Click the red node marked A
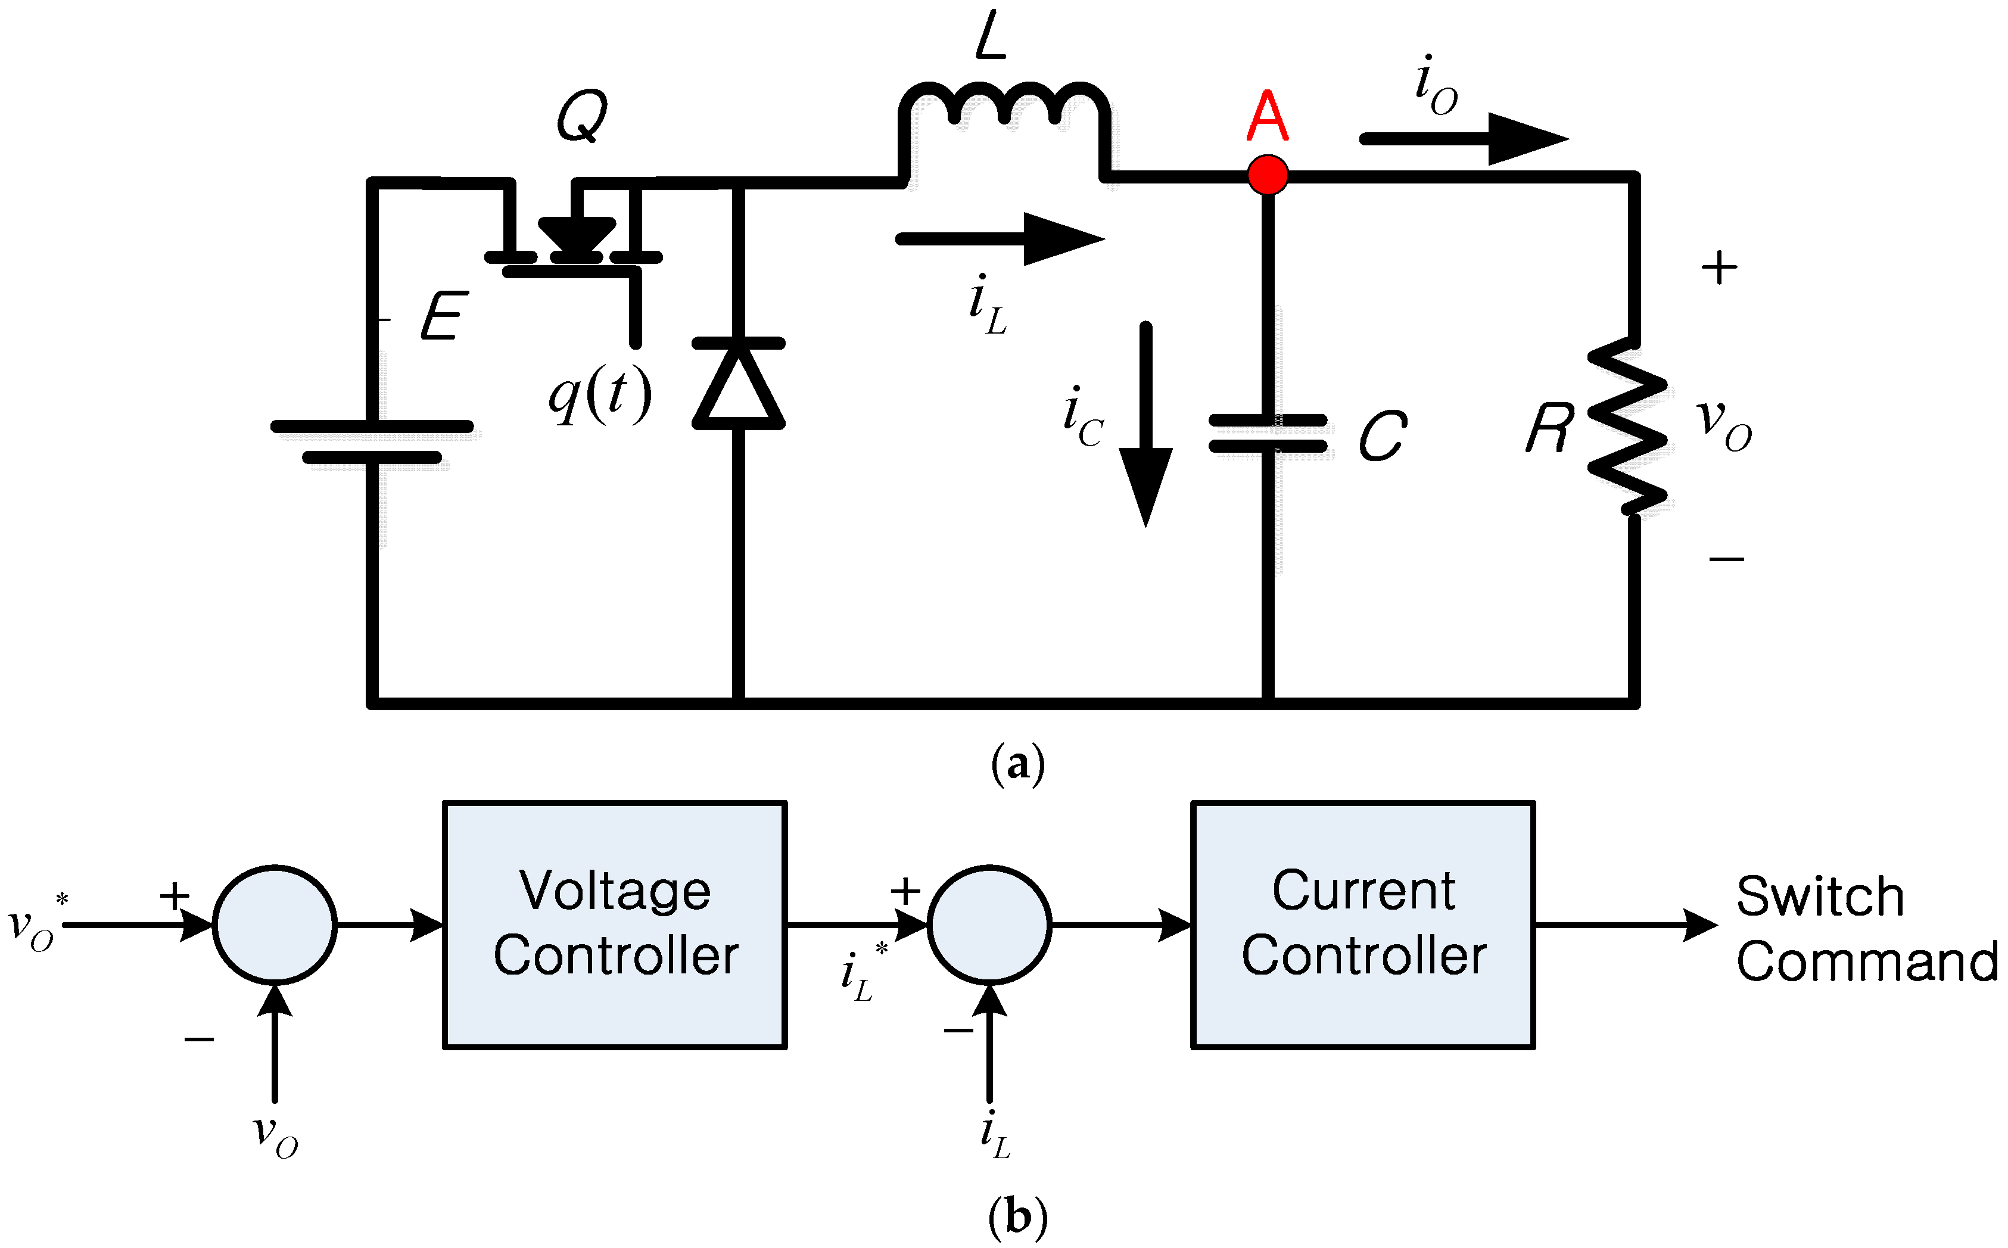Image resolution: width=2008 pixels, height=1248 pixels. click(1268, 175)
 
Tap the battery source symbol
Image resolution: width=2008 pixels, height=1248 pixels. click(372, 441)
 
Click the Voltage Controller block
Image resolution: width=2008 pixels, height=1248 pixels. click(615, 925)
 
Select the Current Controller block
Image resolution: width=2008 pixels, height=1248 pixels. click(1363, 925)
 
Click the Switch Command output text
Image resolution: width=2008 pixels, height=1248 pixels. click(1865, 929)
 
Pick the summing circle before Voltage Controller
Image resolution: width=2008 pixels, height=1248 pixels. click(275, 925)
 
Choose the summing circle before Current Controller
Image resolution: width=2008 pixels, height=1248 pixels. click(989, 925)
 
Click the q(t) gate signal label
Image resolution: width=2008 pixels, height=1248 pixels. click(600, 394)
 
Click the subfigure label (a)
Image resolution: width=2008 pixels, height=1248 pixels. click(1017, 764)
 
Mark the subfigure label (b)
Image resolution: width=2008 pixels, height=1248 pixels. click(1017, 1216)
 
